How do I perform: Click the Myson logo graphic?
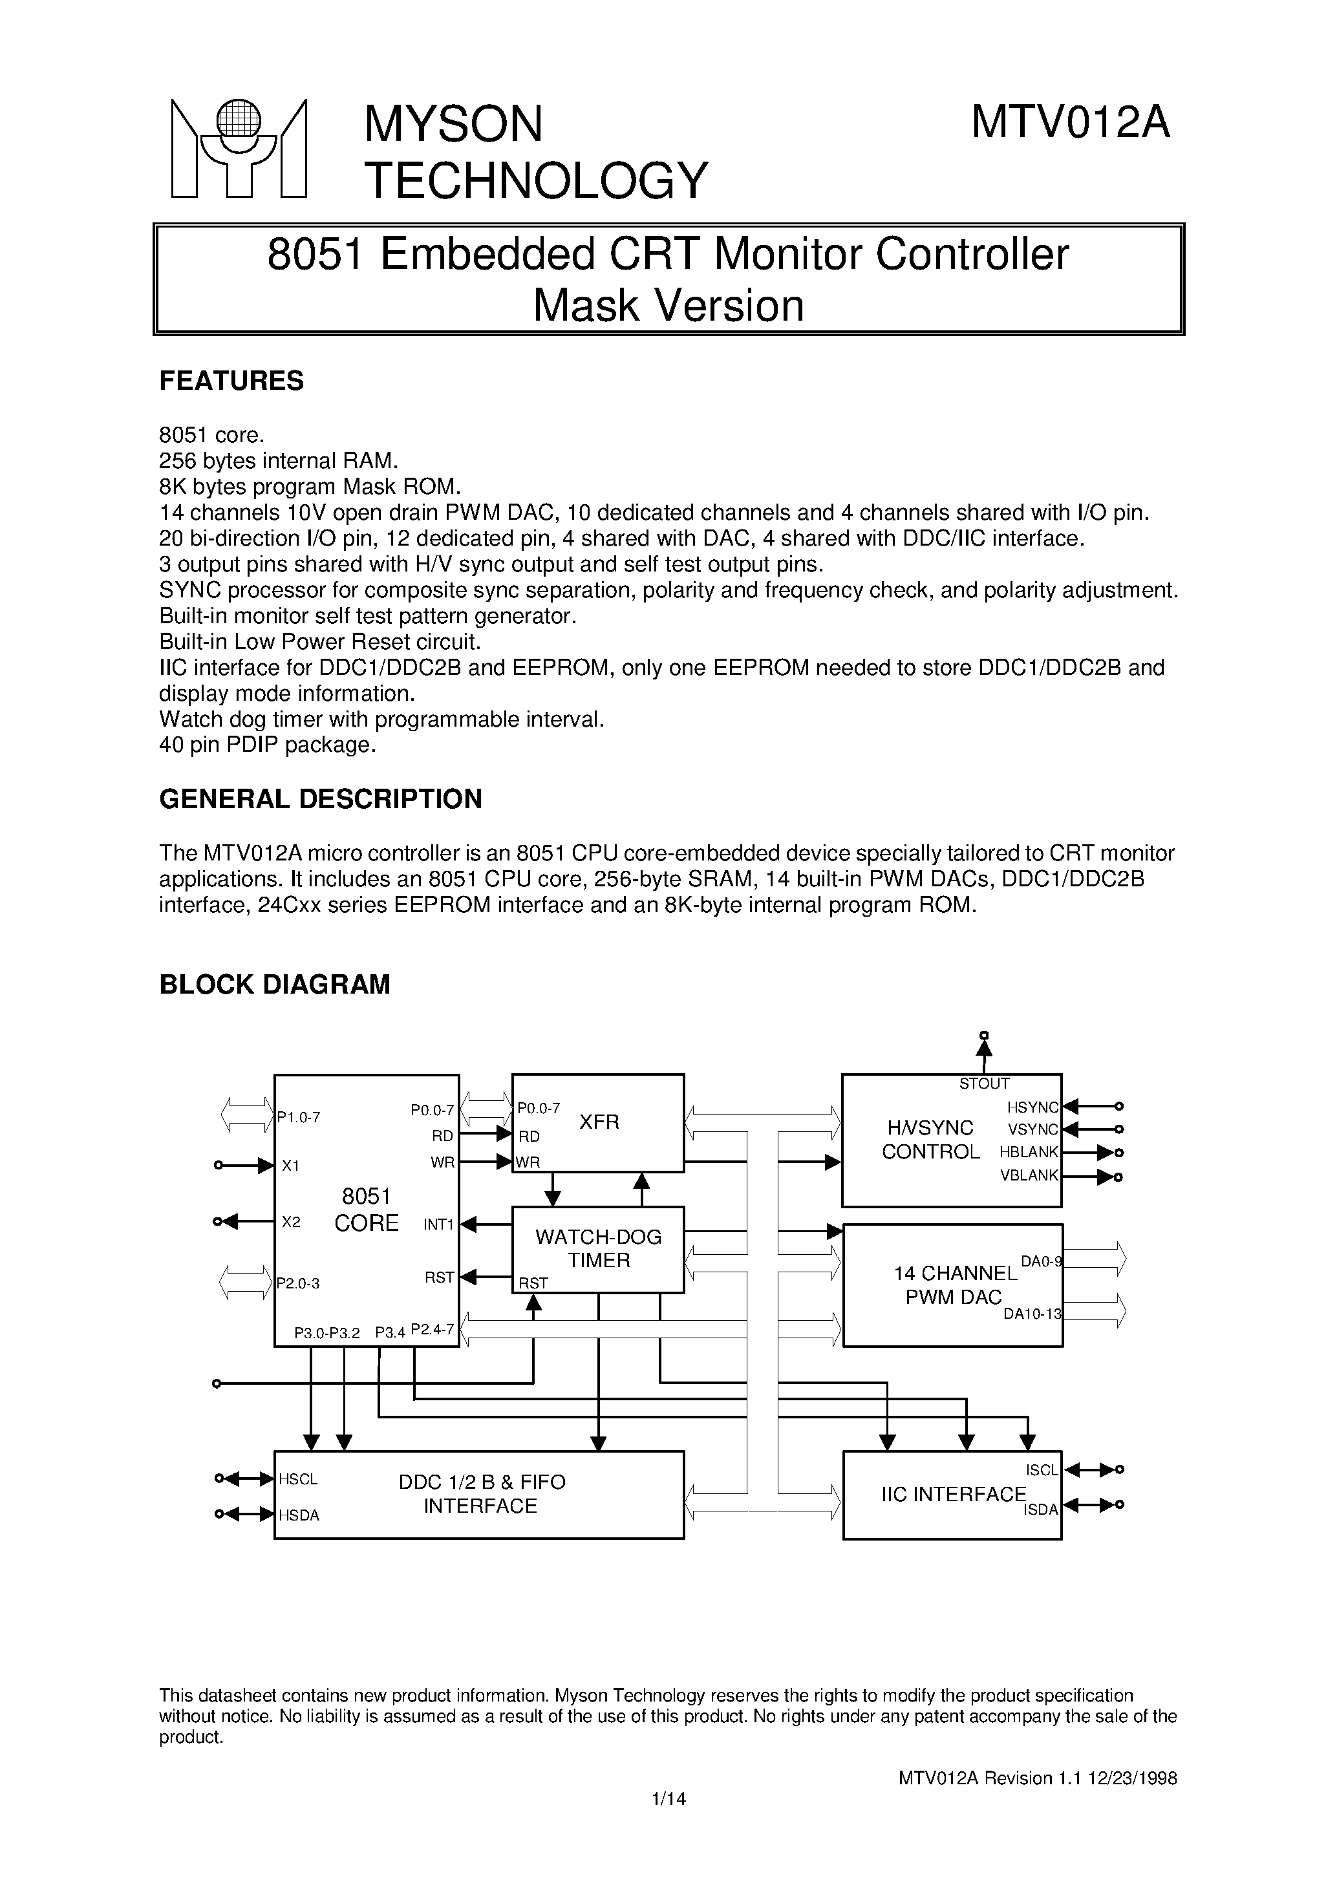pyautogui.click(x=238, y=148)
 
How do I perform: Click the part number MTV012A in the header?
pyautogui.click(x=1069, y=123)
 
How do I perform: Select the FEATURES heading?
pyautogui.click(x=231, y=381)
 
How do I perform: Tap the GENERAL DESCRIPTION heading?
pyautogui.click(x=320, y=799)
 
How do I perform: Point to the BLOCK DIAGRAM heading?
pyautogui.click(x=274, y=985)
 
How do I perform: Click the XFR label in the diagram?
pyautogui.click(x=599, y=1122)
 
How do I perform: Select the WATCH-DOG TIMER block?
pyautogui.click(x=599, y=1248)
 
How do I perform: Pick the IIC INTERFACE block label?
pyautogui.click(x=954, y=1494)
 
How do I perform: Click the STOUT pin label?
pyautogui.click(x=984, y=1084)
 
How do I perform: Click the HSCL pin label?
pyautogui.click(x=298, y=1479)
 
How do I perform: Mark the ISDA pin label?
pyautogui.click(x=1041, y=1510)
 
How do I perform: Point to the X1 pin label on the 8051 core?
pyautogui.click(x=291, y=1166)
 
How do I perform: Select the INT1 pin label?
pyautogui.click(x=439, y=1225)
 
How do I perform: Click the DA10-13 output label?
pyautogui.click(x=1032, y=1314)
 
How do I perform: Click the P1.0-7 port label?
pyautogui.click(x=299, y=1117)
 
